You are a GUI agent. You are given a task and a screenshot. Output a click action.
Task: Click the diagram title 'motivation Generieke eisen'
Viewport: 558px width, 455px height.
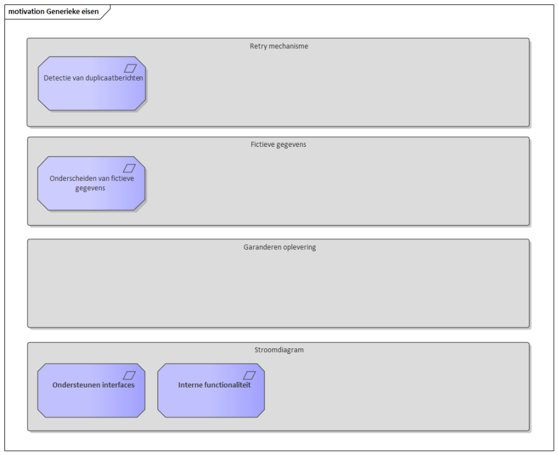point(53,11)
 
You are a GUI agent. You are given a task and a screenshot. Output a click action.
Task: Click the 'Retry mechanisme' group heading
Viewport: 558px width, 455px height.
point(279,46)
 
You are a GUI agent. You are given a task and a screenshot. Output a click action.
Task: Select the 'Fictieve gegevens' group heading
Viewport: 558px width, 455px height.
point(278,144)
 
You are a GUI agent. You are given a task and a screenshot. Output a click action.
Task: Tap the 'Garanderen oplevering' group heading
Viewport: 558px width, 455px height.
point(280,247)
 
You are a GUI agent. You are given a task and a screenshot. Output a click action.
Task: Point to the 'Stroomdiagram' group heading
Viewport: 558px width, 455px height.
point(279,350)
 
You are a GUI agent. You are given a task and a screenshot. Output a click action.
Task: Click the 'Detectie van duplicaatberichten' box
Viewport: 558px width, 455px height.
point(92,84)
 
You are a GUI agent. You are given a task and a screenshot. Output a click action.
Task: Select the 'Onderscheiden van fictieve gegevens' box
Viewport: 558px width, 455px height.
point(91,183)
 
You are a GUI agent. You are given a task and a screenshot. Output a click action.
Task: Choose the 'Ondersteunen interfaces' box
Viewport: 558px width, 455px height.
point(91,391)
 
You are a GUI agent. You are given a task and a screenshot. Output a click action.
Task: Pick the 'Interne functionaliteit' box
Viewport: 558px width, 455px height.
point(211,391)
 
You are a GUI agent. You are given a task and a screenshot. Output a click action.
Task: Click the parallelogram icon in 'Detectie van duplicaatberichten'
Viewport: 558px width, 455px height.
point(130,68)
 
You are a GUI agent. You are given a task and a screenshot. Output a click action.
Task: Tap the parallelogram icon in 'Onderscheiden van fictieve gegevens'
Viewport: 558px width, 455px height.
point(130,168)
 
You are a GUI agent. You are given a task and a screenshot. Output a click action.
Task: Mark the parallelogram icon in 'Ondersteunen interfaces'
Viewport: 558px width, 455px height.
point(130,375)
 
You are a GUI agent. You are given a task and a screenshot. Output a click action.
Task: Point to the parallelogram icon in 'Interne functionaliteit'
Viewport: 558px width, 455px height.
point(249,375)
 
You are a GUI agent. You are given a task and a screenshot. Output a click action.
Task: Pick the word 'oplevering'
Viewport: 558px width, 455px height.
point(299,247)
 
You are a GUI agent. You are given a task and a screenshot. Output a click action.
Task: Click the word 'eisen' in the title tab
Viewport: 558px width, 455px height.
point(91,11)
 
